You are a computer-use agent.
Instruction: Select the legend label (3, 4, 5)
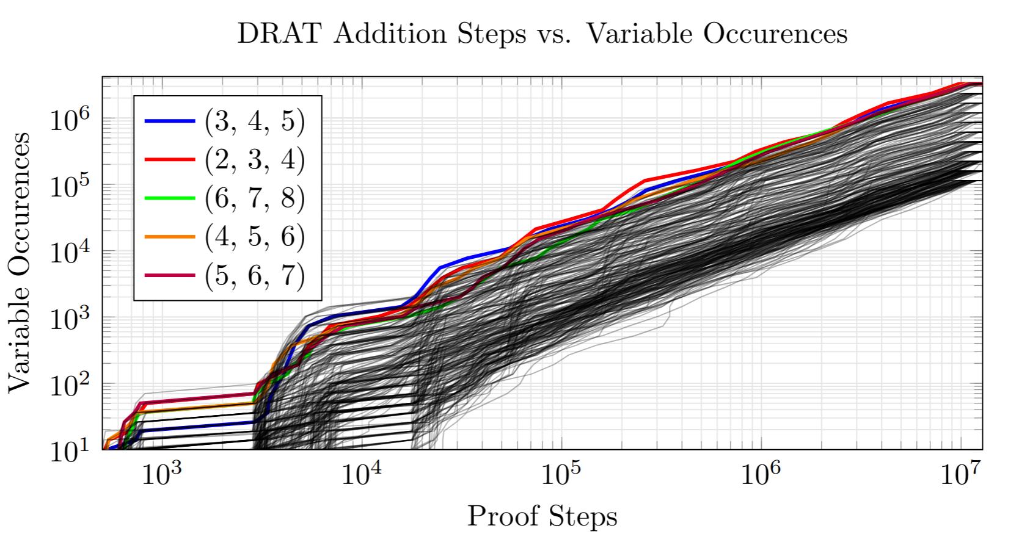point(254,121)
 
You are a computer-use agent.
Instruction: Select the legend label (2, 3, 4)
point(254,160)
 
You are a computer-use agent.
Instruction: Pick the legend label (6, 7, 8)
point(254,198)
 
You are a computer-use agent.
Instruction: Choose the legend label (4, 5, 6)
point(254,237)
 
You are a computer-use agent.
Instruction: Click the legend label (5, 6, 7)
point(254,276)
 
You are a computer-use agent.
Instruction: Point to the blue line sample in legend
point(170,121)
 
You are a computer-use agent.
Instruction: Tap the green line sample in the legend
point(170,198)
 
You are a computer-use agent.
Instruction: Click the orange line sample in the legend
point(170,237)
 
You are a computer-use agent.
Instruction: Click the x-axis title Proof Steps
point(542,517)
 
